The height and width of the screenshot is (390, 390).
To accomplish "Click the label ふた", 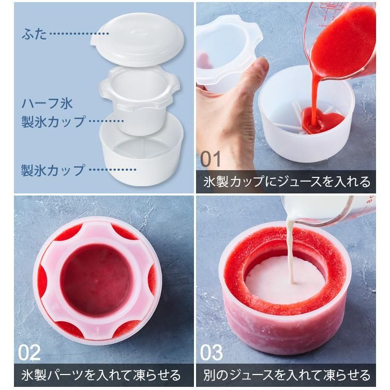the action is (x=34, y=34).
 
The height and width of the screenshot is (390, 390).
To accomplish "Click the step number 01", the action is (x=211, y=159).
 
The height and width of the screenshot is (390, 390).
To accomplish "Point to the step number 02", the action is (x=29, y=352).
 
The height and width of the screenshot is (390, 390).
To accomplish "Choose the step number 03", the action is (x=212, y=352).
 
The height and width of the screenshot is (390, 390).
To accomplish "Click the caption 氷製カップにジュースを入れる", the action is (x=287, y=182).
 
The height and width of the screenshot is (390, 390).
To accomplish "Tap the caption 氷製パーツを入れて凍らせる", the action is (x=101, y=375).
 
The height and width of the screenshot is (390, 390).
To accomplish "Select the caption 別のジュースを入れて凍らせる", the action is (x=287, y=375).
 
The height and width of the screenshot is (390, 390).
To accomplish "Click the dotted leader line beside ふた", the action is (x=79, y=33).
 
